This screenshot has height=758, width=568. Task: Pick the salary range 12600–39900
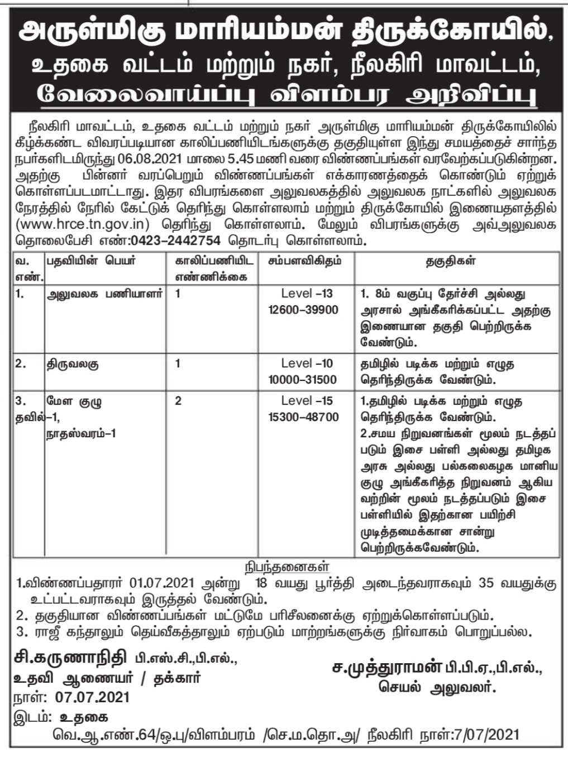(307, 310)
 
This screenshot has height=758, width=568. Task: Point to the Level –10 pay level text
(307, 364)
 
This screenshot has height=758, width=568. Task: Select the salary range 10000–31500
(307, 380)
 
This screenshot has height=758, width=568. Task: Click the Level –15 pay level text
(307, 400)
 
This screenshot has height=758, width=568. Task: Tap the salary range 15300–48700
(307, 417)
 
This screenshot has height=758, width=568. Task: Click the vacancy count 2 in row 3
(178, 400)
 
